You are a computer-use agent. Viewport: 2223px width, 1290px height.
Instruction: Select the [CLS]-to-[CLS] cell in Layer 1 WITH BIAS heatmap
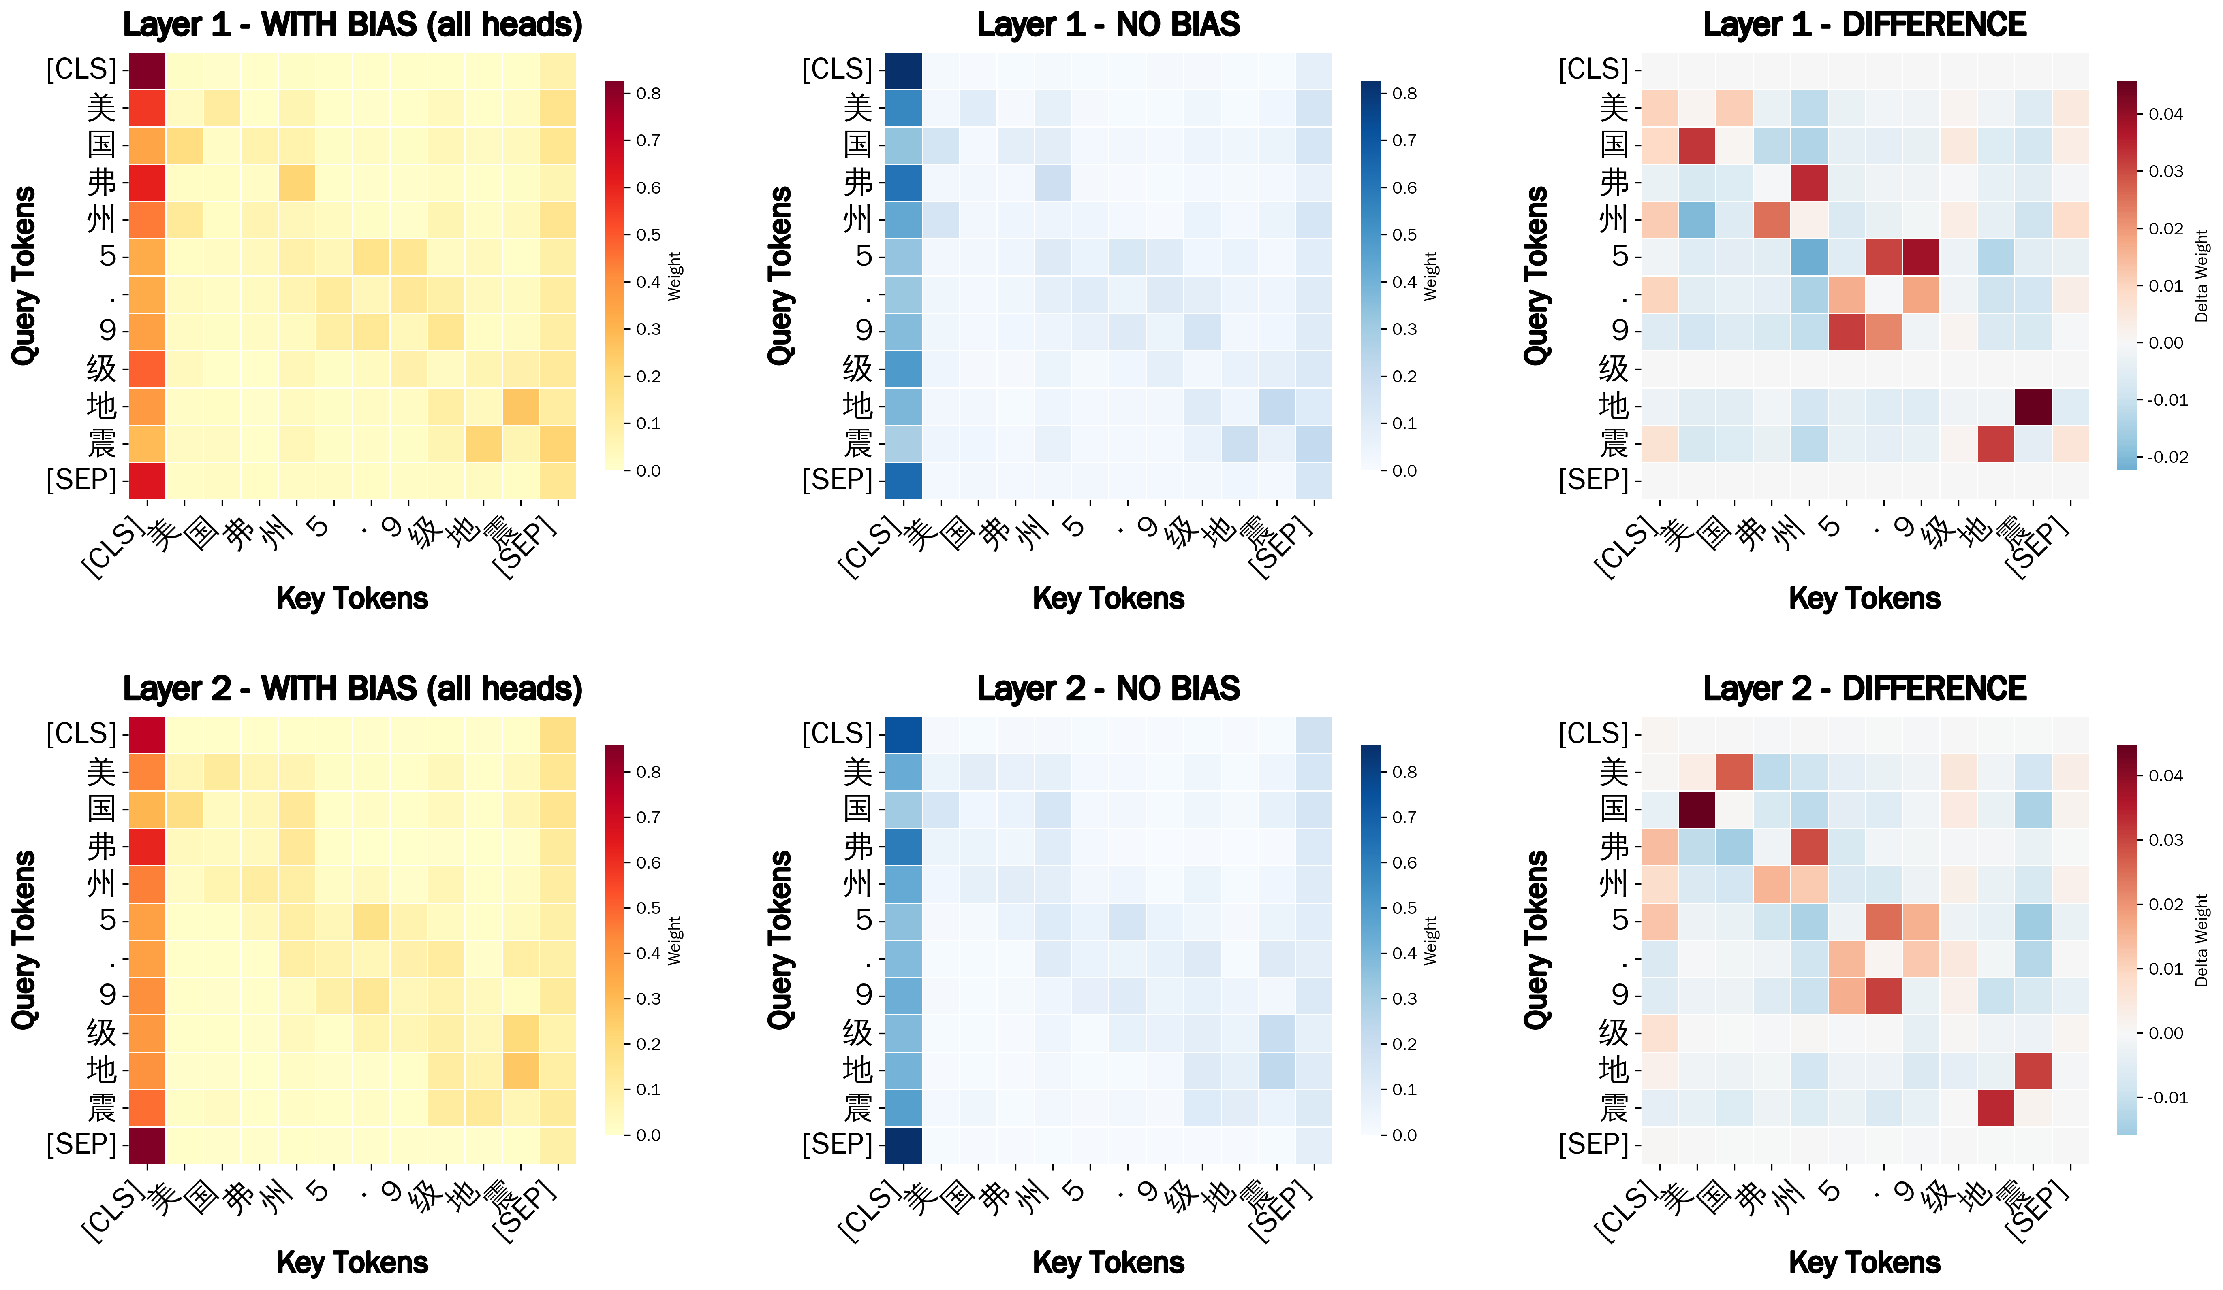[147, 70]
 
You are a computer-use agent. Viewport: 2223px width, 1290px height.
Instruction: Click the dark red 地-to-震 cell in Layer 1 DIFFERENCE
[2033, 407]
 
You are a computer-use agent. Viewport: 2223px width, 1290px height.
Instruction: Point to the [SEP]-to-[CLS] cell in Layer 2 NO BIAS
[903, 1145]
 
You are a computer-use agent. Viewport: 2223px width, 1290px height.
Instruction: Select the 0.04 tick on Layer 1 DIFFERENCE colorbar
[2165, 114]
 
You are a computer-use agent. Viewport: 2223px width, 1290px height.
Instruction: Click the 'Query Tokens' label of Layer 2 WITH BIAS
[24, 940]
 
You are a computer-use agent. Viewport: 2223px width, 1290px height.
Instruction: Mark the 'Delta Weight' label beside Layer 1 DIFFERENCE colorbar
[2202, 276]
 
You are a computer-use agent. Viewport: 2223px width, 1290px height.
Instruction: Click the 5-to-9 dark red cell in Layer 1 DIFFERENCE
[1921, 258]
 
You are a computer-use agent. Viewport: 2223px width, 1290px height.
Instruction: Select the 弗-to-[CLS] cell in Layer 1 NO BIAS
[903, 183]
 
